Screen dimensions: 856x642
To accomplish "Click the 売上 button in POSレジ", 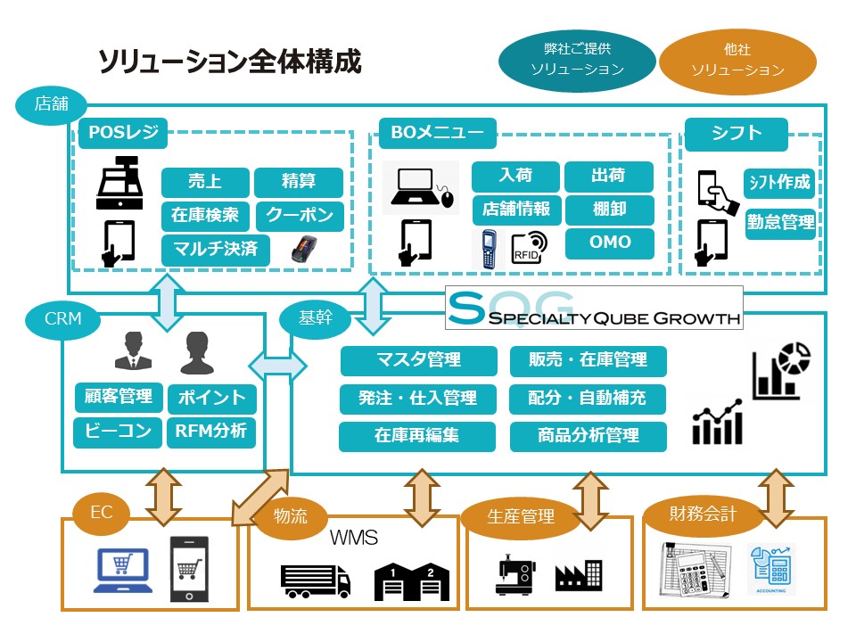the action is click(x=205, y=182).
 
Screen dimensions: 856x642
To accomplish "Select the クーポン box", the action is click(x=300, y=216).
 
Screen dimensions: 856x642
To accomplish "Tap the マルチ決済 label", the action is click(x=216, y=250).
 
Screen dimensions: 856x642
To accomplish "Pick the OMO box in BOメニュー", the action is click(x=610, y=243).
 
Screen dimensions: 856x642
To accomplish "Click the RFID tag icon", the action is click(x=529, y=248).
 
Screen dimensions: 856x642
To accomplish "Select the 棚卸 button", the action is click(x=610, y=210).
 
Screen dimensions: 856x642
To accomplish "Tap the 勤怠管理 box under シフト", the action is click(x=780, y=223).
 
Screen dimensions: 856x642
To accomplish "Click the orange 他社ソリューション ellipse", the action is click(x=737, y=61).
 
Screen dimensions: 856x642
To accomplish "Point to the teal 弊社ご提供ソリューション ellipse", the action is click(x=577, y=60).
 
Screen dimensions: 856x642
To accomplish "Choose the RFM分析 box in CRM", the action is click(x=211, y=432).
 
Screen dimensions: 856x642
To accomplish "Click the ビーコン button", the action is click(x=118, y=432).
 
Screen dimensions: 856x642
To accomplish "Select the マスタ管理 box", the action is click(x=419, y=360).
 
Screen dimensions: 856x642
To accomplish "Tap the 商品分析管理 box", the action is click(x=588, y=436).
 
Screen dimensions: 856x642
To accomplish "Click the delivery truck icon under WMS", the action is click(x=316, y=581).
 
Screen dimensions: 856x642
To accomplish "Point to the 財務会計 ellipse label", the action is click(x=703, y=514).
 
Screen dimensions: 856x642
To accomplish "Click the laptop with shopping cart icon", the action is click(x=123, y=571).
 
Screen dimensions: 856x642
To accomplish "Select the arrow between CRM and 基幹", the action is click(x=277, y=366).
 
